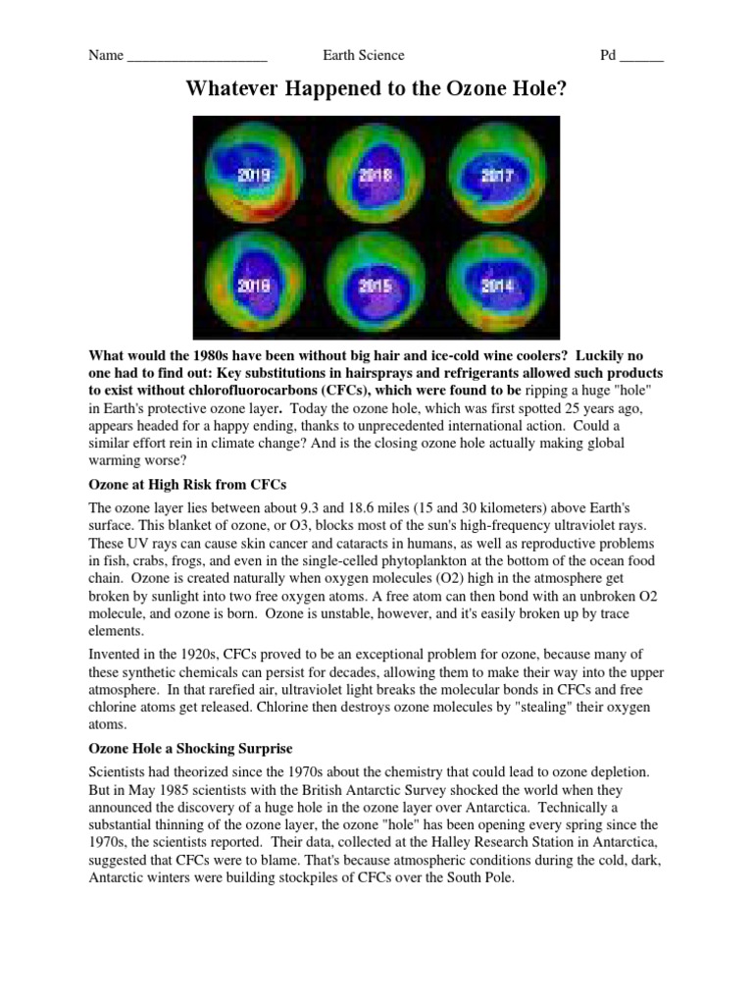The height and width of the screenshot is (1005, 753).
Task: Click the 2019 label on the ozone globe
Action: (253, 177)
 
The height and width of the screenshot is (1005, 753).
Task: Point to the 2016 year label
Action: (253, 287)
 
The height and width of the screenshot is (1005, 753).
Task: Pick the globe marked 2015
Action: (376, 287)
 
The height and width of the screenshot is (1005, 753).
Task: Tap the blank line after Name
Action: (197, 56)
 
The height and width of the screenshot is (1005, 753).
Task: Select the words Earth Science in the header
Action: (363, 56)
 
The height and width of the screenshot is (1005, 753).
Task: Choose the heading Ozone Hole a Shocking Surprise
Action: (190, 749)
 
